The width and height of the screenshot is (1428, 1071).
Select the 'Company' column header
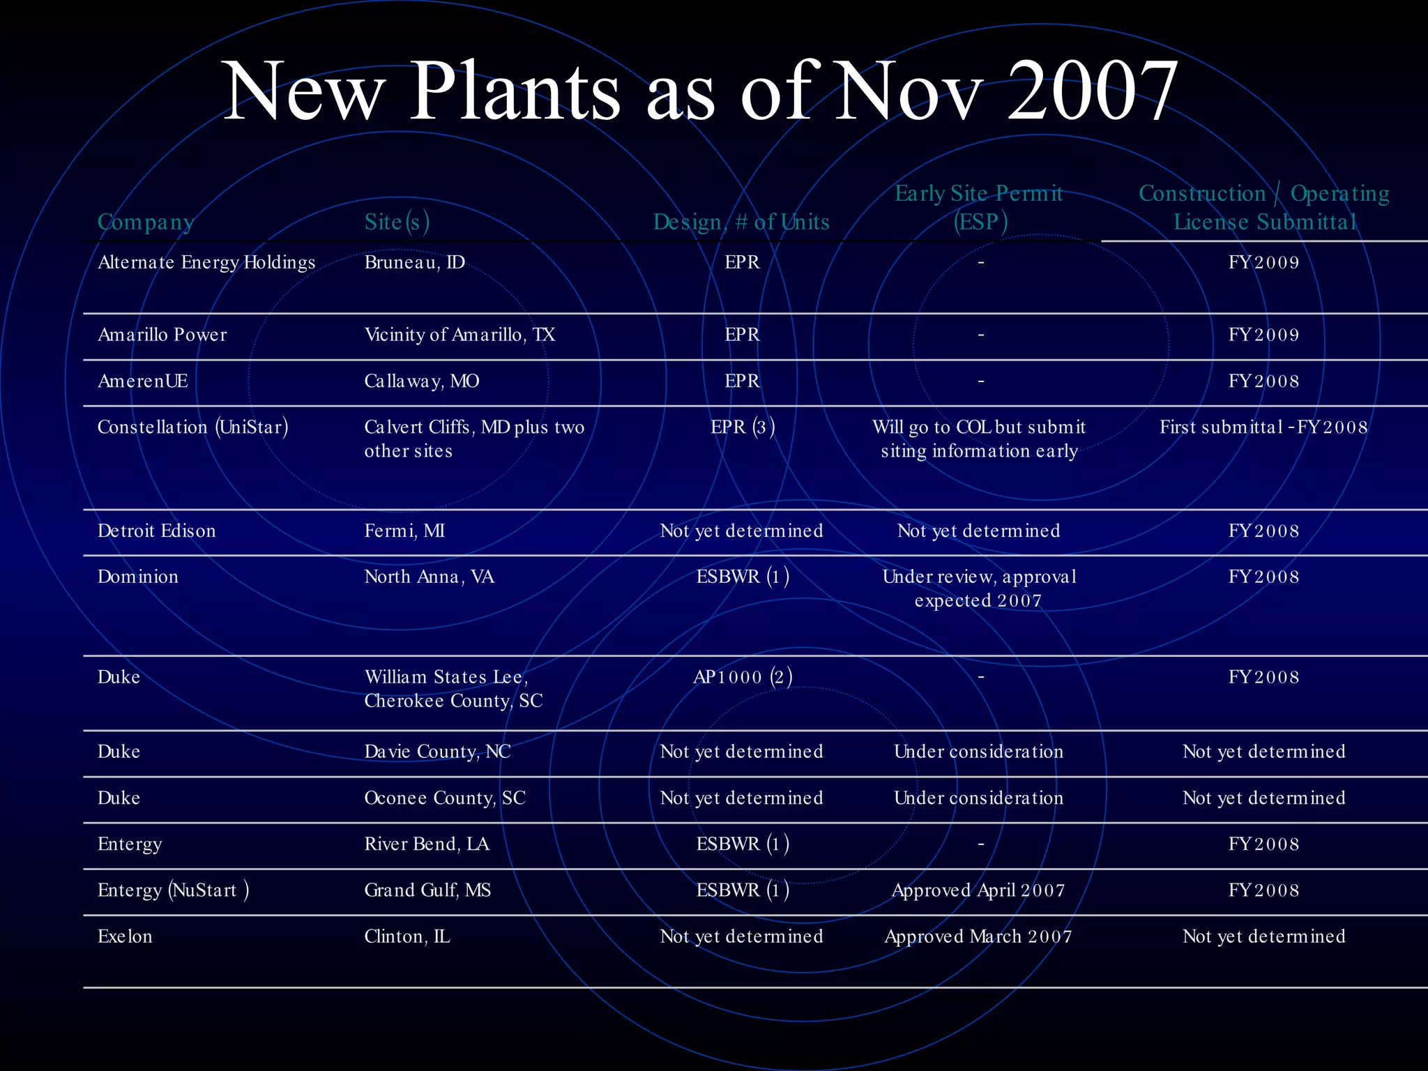tap(145, 222)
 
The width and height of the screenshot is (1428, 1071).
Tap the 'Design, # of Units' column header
tap(741, 222)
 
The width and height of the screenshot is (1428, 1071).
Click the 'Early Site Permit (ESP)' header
tap(979, 207)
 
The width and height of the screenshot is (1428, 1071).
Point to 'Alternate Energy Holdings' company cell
tap(206, 262)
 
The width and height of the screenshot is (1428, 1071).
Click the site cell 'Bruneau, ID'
tap(414, 262)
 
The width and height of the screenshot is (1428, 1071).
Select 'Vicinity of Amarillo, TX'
tap(459, 335)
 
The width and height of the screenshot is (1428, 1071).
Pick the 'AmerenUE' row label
tap(143, 381)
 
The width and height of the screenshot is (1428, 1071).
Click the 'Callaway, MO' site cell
tap(421, 381)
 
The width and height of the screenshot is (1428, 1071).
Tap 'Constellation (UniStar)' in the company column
tap(192, 427)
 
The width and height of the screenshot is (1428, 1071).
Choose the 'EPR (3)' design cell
tap(743, 427)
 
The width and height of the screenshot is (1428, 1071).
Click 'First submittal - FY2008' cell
tap(1263, 427)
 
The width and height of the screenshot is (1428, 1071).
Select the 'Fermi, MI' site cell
tap(404, 531)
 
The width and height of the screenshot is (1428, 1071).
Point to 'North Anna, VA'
tap(429, 577)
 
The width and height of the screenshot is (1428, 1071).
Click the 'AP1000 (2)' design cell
tap(743, 677)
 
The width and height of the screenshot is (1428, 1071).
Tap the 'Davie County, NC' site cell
tap(437, 752)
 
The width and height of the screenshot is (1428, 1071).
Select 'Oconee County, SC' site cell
tap(445, 798)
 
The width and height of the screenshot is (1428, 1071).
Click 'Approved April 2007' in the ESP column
tap(978, 890)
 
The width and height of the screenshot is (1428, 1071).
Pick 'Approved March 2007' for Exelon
tap(978, 936)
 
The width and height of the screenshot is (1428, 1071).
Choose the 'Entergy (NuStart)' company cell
tap(173, 890)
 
